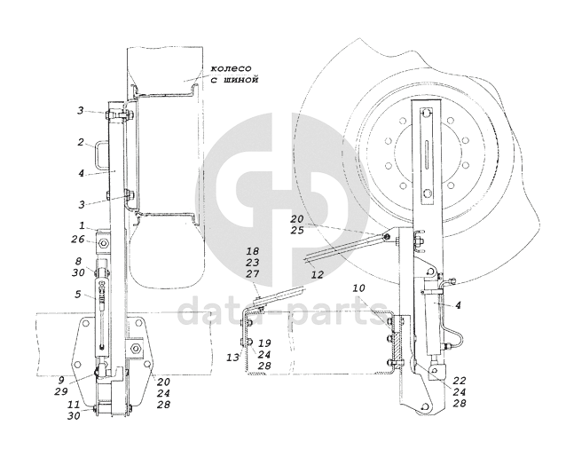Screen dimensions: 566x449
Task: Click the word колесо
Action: tap(231, 68)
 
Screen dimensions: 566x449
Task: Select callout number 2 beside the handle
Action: tap(81, 142)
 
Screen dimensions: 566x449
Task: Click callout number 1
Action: tap(82, 226)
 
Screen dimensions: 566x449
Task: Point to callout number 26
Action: tap(77, 240)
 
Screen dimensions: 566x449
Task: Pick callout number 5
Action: tap(78, 295)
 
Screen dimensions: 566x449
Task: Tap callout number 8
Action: tap(78, 261)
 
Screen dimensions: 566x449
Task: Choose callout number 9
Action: tap(61, 380)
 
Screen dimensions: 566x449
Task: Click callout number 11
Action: tap(74, 405)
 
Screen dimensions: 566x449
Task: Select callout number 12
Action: tap(318, 275)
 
